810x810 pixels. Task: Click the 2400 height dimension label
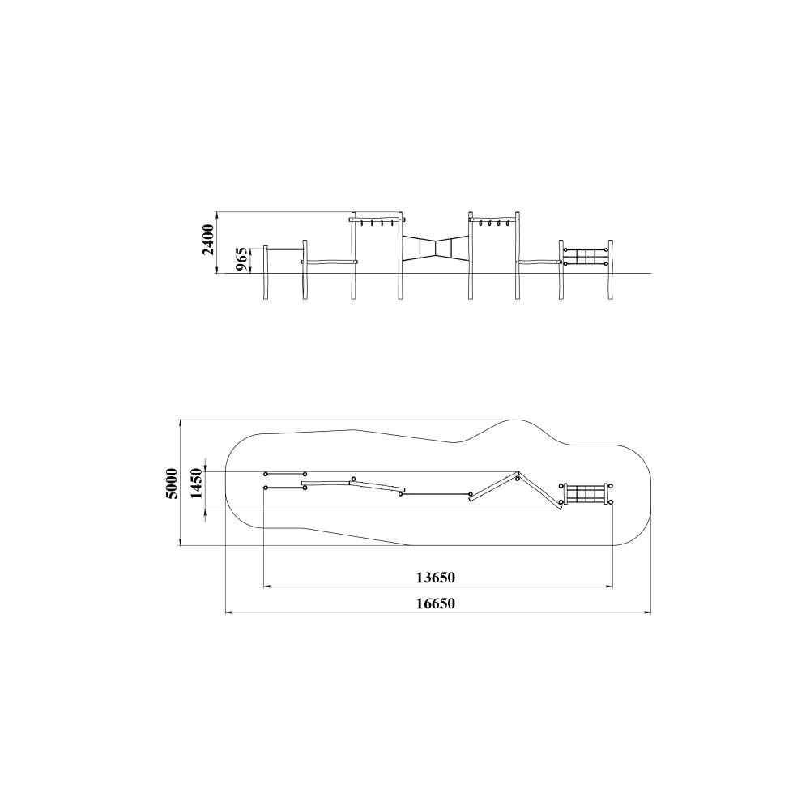pos(208,240)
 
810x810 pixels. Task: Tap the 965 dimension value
pos(241,259)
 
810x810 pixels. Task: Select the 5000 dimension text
pos(171,484)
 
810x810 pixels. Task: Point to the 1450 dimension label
pos(197,484)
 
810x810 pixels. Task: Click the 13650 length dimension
pos(436,577)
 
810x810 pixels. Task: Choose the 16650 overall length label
pos(436,603)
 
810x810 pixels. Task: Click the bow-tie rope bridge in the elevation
pos(436,247)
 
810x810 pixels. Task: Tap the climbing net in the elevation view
pos(586,257)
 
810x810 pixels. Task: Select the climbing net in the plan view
pos(586,494)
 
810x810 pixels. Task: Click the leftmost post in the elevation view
pos(266,272)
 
